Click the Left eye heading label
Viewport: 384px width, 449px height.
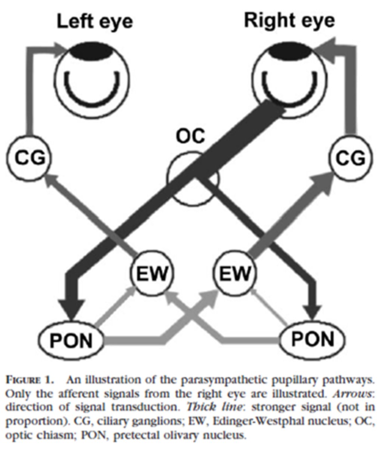95,22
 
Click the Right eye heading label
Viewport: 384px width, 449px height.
289,21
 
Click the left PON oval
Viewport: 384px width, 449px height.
71,340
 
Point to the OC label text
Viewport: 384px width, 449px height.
190,137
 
